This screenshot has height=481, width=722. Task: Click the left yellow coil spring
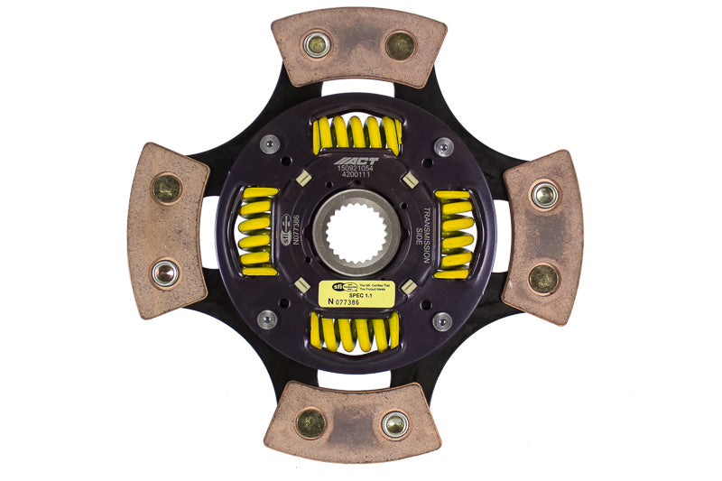point(258,232)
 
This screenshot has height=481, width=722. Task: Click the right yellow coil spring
point(454,234)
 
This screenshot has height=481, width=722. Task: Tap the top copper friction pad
point(357,46)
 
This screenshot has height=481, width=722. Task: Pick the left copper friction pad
point(167,230)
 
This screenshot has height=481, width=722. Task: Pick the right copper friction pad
point(542,236)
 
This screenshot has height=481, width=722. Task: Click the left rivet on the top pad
point(317,45)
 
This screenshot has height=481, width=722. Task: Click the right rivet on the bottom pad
point(394,423)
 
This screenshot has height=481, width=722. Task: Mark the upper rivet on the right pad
point(543,194)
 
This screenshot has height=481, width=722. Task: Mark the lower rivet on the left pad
point(164,273)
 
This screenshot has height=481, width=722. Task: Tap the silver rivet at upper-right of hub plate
point(443,145)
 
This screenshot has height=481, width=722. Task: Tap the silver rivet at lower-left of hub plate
point(267,319)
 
